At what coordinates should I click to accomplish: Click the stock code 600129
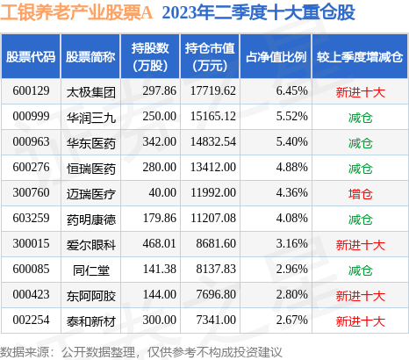31,91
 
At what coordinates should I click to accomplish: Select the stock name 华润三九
91,118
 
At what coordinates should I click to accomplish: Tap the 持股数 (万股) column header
150,57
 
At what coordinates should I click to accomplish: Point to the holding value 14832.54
213,142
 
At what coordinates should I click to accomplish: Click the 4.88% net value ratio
292,168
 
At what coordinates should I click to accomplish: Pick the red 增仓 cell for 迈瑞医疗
361,194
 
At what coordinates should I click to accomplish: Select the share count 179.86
160,219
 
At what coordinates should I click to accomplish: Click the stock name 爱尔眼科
91,245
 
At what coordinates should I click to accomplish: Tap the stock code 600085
31,270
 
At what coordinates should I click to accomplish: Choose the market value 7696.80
216,295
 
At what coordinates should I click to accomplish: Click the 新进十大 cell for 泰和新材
361,321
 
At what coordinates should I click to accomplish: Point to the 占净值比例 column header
276,57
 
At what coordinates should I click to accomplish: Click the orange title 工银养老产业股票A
76,13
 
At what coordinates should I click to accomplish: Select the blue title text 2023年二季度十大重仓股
259,13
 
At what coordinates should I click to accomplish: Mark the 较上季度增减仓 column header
360,57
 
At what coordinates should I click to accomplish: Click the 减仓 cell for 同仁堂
361,270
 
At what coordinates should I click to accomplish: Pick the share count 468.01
160,244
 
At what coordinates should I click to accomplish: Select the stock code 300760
31,193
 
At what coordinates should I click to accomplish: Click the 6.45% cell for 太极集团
292,91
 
